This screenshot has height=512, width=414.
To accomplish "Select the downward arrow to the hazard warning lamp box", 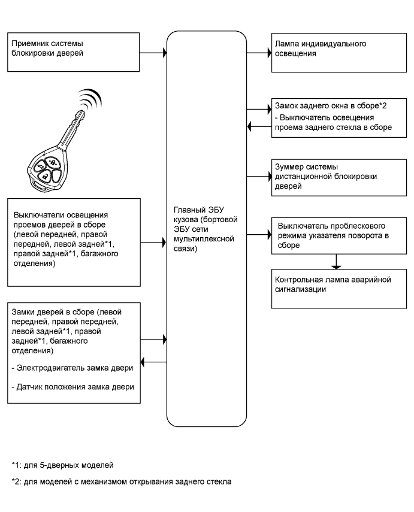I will click(337, 262).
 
